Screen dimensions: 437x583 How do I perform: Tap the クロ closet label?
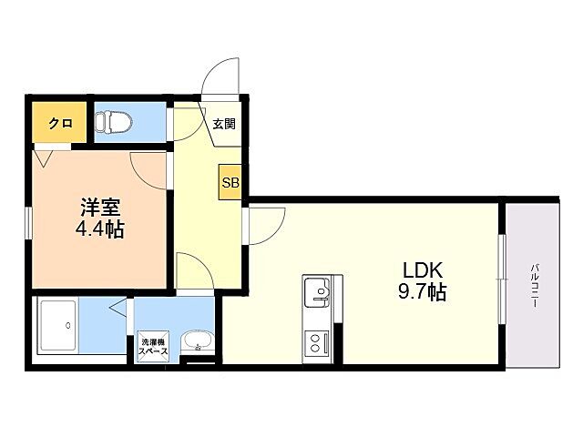coord(60,122)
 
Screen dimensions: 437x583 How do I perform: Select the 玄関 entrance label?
coord(224,124)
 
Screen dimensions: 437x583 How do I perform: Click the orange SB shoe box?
coord(230,182)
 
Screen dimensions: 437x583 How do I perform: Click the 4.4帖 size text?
coord(99,229)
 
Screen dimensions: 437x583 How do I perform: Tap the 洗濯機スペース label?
coord(152,350)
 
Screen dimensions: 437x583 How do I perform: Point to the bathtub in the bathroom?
coord(59,327)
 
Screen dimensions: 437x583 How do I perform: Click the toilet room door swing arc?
coord(185,127)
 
